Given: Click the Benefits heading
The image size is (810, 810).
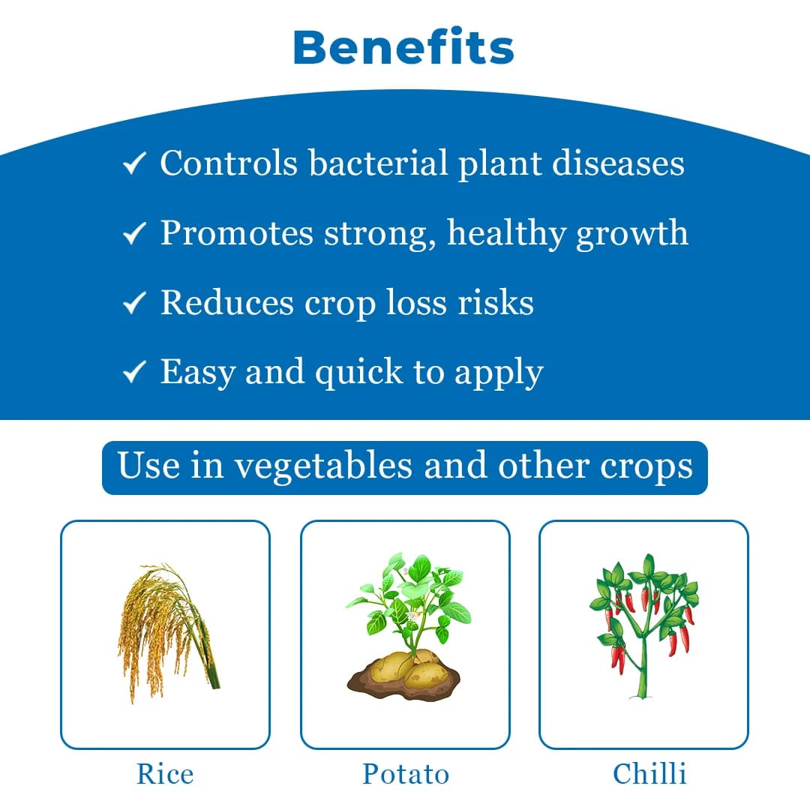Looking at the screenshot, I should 403,48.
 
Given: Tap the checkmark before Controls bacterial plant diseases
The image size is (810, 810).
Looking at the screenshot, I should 133,165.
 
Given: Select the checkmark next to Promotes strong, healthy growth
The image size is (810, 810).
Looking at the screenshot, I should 133,235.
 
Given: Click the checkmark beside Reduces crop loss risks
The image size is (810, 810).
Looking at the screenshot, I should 133,304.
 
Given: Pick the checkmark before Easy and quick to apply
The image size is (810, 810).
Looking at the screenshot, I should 133,373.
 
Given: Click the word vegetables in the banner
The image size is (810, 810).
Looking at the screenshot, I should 323,466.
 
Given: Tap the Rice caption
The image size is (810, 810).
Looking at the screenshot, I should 165,774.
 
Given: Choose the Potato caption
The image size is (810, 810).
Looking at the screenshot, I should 405,774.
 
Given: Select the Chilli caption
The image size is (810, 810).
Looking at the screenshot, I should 649,774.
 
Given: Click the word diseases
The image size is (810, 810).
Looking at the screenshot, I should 618,163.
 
